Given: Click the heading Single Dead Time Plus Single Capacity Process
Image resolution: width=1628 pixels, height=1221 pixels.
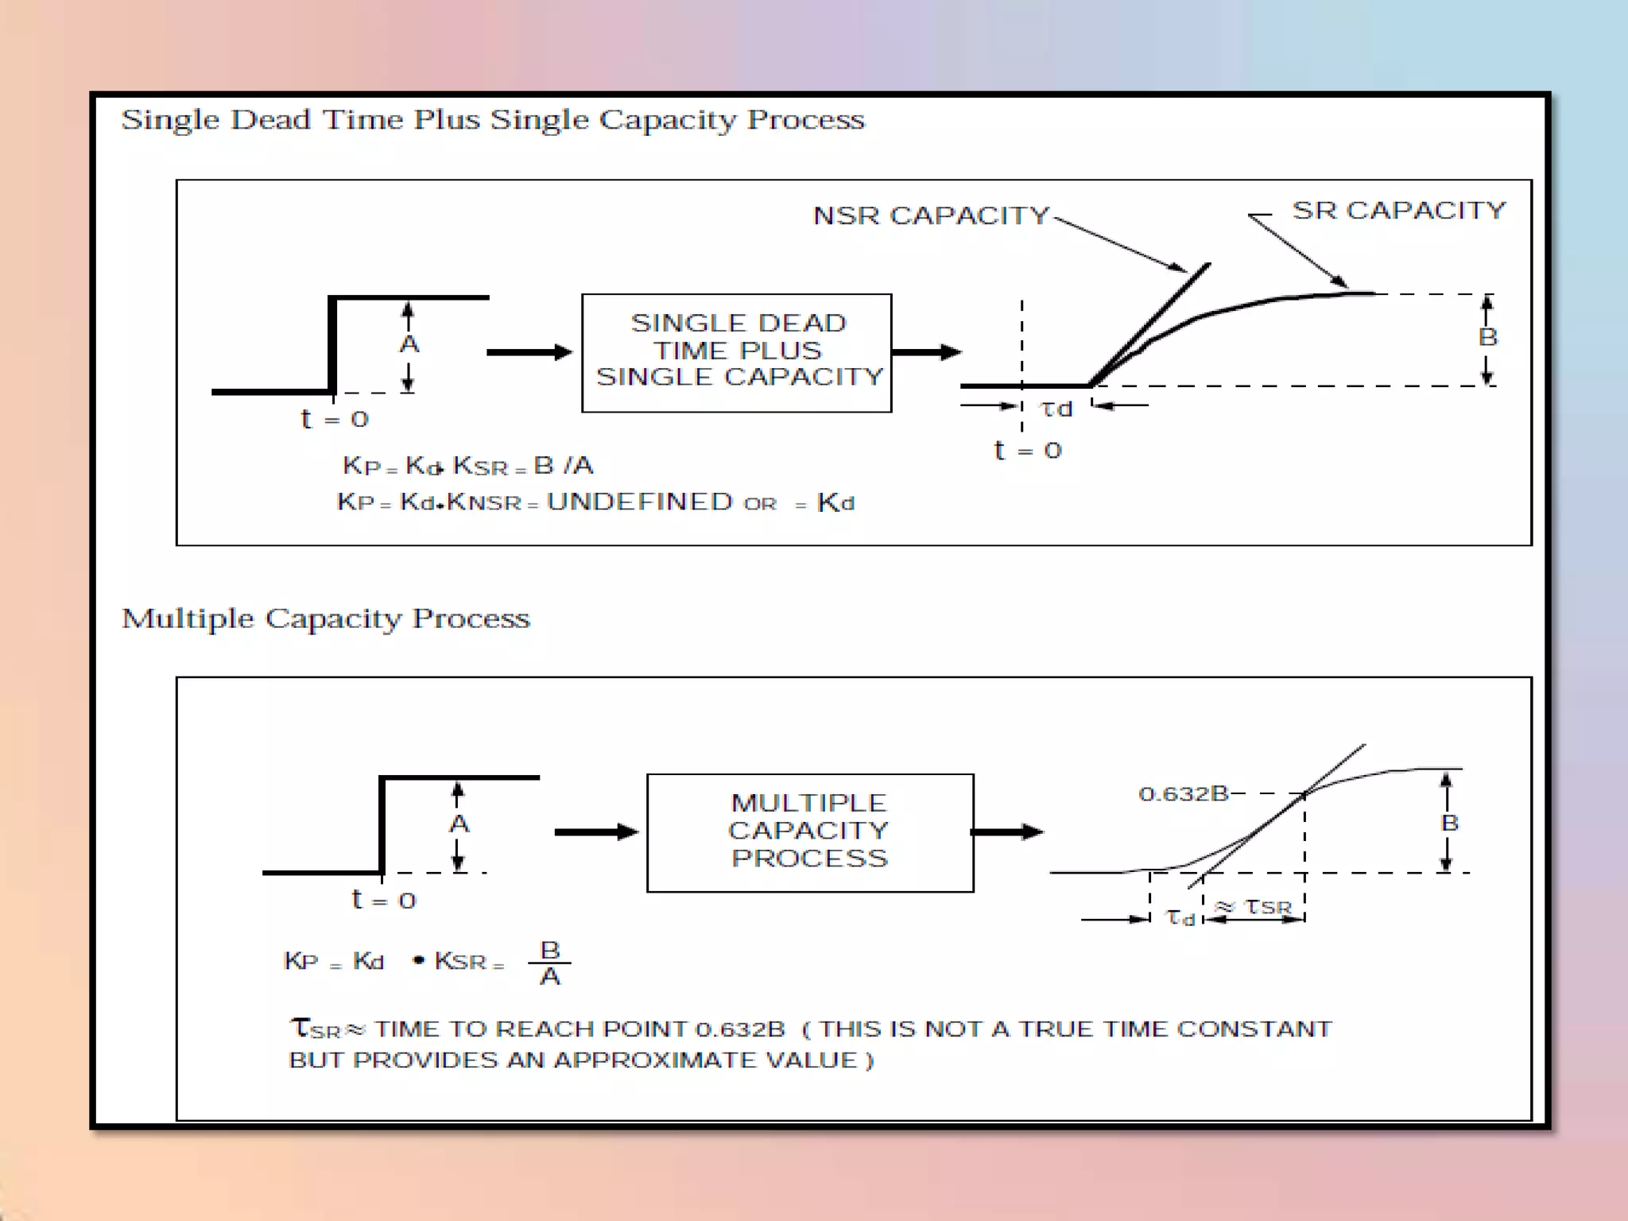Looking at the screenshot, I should [x=492, y=120].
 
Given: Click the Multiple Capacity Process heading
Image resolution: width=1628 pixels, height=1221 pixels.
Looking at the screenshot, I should [x=325, y=618].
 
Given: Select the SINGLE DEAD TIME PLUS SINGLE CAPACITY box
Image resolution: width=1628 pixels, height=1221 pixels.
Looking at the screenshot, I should [x=737, y=352].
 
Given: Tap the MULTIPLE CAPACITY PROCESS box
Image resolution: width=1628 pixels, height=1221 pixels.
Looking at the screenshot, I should [x=809, y=831].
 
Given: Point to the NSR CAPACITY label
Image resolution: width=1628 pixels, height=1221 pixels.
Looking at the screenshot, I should [x=931, y=215].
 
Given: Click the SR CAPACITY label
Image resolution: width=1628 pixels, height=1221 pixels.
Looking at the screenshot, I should [x=1398, y=211].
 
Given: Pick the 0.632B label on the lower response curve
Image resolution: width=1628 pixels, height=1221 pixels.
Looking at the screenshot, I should [x=1183, y=794].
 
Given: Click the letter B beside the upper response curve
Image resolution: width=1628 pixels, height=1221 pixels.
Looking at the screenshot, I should [x=1487, y=337].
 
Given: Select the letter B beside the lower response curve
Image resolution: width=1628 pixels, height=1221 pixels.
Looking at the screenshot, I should [x=1449, y=823].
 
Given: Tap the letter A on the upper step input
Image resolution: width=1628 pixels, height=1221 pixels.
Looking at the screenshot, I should [x=409, y=344].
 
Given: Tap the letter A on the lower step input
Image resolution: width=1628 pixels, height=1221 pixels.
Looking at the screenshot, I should [x=459, y=824].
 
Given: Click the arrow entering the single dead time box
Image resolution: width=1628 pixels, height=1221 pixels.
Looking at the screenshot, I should [x=529, y=352].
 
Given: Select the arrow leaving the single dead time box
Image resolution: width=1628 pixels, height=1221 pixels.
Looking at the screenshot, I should [x=926, y=352].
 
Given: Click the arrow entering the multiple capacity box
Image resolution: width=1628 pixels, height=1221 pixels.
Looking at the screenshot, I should [x=596, y=832].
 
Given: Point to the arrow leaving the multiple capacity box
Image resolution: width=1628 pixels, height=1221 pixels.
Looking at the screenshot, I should [x=1007, y=832].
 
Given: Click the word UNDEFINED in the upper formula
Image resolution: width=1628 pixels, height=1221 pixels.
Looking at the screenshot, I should [x=639, y=502].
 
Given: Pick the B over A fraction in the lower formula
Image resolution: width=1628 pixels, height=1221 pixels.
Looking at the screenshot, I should [x=550, y=963].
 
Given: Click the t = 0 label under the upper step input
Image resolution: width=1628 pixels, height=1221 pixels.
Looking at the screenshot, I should [x=335, y=419].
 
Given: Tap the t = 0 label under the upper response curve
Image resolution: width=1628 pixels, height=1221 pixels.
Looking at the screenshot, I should [x=1028, y=451].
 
